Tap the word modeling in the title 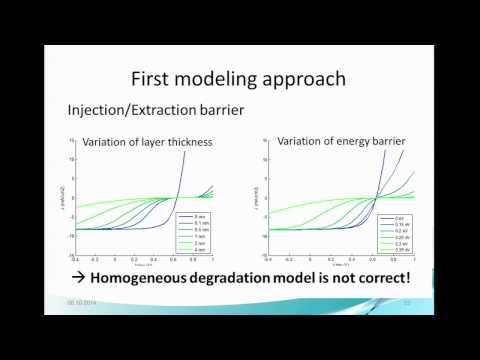point(231,78)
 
